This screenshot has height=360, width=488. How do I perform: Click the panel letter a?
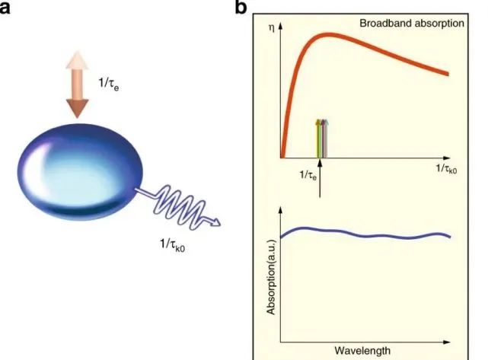click(x=5, y=8)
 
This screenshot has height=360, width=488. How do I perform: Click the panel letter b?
click(x=241, y=7)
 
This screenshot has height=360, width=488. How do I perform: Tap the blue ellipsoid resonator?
click(x=80, y=172)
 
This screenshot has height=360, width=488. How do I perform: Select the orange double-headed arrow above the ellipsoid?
click(x=77, y=84)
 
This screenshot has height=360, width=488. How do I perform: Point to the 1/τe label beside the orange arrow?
click(x=109, y=84)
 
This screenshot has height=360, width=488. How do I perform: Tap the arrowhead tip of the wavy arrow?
click(x=221, y=224)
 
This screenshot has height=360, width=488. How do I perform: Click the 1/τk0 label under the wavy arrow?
click(x=172, y=244)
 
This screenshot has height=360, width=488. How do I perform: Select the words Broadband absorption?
click(x=412, y=24)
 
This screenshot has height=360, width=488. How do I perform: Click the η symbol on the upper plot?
click(x=271, y=28)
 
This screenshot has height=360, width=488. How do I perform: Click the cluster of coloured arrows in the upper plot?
click(x=322, y=139)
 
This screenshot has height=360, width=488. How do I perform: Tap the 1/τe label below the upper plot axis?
click(x=308, y=175)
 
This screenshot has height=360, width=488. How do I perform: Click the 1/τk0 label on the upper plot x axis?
click(x=447, y=169)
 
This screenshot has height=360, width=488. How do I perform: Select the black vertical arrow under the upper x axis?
click(x=320, y=178)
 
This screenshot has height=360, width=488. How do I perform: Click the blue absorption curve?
click(x=365, y=234)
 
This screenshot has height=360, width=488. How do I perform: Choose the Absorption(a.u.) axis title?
click(x=271, y=277)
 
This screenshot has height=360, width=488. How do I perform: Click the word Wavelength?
click(x=362, y=351)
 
